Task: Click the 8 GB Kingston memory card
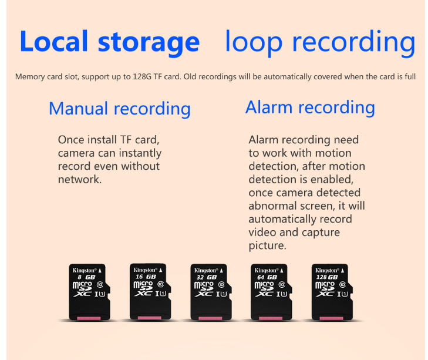(x=89, y=292)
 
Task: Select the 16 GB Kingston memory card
(x=150, y=291)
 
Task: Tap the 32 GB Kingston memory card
(x=211, y=292)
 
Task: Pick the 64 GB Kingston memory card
(x=271, y=292)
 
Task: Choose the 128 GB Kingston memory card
(x=332, y=292)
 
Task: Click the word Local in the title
(x=54, y=41)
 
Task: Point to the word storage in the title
(x=149, y=43)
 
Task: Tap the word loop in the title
(x=254, y=43)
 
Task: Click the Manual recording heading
(x=120, y=109)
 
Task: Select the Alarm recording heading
(x=310, y=107)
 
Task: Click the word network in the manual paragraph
(x=79, y=180)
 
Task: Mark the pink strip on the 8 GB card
(x=89, y=318)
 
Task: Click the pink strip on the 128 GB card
(x=331, y=318)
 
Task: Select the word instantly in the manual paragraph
(x=140, y=153)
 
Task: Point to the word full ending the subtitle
(x=410, y=76)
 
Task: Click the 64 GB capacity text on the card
(x=267, y=277)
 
